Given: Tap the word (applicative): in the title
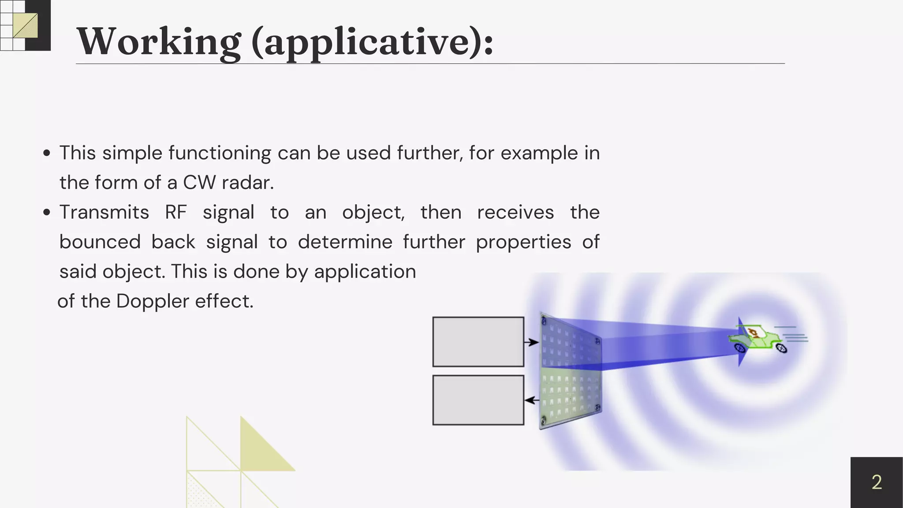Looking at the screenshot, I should (373, 42).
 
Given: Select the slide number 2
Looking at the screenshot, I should (877, 482).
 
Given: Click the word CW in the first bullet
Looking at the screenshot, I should (199, 183).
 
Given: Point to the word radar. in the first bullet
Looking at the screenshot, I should (247, 183).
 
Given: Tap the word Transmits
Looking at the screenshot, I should (104, 212).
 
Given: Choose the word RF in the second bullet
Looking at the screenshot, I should (175, 212).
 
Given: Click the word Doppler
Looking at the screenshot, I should (153, 301).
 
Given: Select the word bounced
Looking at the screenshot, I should (100, 242).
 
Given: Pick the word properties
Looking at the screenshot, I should (523, 242).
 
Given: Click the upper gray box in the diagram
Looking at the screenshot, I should (478, 342).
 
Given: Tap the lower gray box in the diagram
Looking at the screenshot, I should (478, 400).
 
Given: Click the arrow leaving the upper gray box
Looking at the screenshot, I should (531, 342).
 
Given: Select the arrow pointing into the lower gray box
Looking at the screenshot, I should (532, 400).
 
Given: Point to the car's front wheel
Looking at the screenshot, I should (740, 348).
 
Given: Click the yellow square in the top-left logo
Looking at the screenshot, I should (25, 26).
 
